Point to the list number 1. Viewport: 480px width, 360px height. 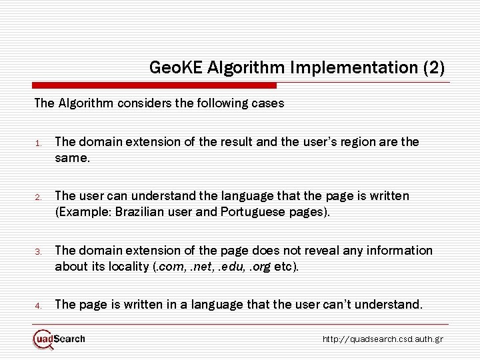[x=39, y=143]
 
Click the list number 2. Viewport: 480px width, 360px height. [x=39, y=197]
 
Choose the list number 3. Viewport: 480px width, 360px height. [x=39, y=251]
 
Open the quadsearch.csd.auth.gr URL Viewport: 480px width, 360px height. [x=383, y=339]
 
